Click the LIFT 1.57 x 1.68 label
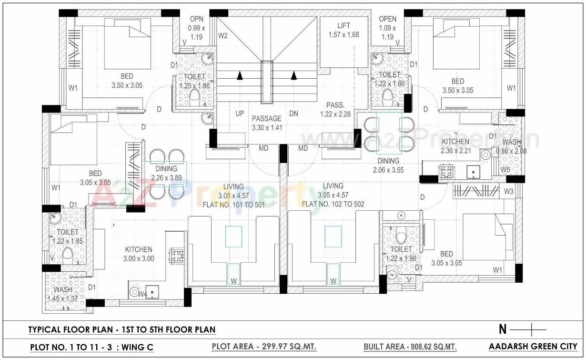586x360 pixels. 344,30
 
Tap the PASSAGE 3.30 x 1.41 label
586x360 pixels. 267,123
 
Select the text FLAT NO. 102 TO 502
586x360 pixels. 333,204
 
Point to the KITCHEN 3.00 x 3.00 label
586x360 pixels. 139,254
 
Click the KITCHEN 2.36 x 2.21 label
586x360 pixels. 455,146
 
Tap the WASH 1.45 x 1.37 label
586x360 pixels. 63,294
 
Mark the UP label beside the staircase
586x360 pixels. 240,113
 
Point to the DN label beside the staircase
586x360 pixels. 293,113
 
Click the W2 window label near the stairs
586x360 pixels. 222,35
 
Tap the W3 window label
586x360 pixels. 508,192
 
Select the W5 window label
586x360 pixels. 505,170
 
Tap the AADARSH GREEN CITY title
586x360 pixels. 533,346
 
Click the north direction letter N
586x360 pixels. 502,329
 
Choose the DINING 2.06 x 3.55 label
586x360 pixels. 388,165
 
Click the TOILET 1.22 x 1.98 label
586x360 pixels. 401,254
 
